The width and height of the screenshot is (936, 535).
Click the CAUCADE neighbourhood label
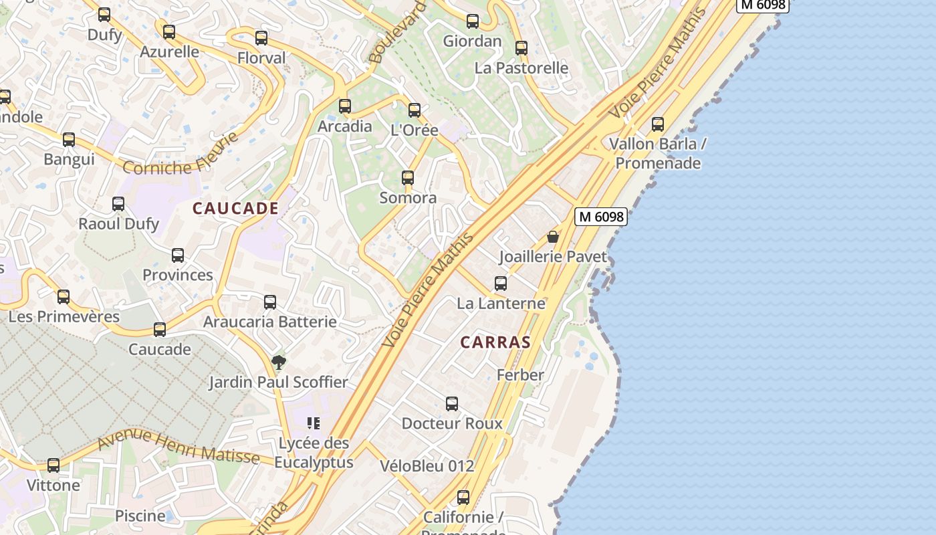coord(235,209)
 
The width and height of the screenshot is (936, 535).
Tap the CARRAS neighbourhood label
coord(495,342)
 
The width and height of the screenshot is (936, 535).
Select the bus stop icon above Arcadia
coord(345,106)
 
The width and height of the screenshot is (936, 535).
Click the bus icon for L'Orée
coord(415,110)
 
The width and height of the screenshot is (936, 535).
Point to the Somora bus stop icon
coord(408,178)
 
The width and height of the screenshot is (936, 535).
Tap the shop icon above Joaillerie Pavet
coord(553,237)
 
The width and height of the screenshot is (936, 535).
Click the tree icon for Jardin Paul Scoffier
coord(279,362)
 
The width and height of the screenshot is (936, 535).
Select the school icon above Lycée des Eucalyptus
coord(314,423)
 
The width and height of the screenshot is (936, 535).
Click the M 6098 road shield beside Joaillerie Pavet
coord(601,217)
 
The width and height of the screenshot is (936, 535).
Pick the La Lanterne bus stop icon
coord(501,284)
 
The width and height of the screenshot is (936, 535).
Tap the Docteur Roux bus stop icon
coord(452,404)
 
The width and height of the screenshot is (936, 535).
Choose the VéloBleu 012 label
coord(427,466)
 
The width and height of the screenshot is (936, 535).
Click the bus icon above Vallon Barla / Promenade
coord(658,124)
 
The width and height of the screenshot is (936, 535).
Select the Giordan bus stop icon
coord(473,21)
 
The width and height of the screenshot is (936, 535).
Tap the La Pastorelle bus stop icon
coord(521,48)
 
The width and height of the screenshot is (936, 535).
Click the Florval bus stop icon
coord(261,38)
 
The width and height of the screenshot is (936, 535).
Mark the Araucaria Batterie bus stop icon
coord(270,302)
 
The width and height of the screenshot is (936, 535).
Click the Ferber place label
coord(520,375)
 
